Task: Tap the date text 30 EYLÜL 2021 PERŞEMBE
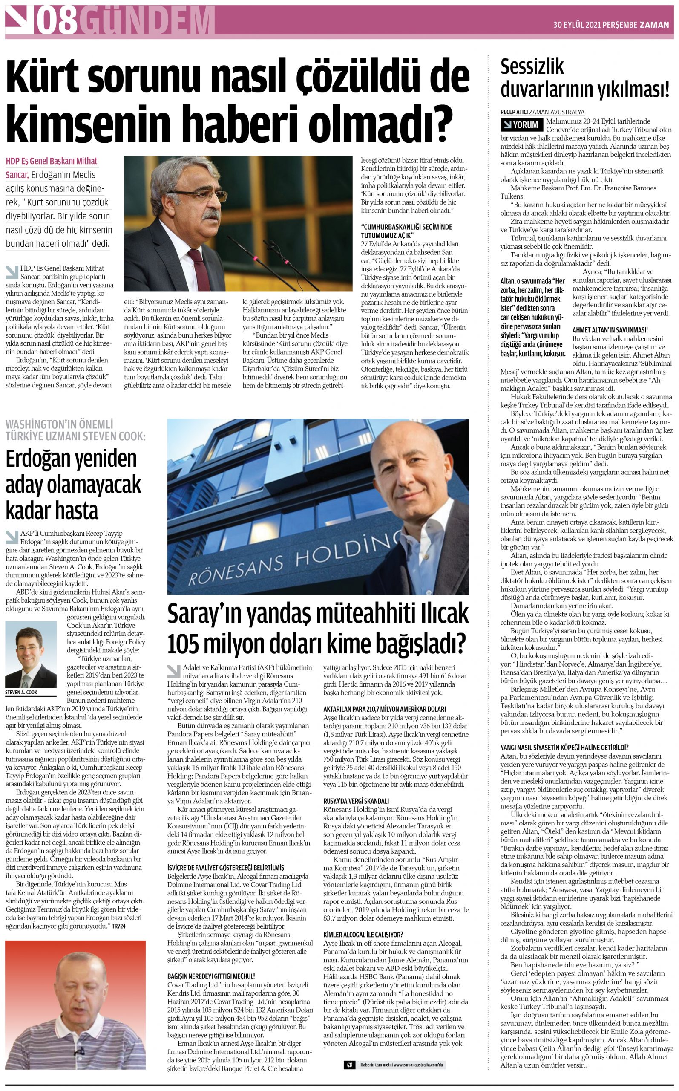[x=595, y=25]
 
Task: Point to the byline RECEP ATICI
[x=514, y=112]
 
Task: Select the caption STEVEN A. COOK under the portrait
[x=22, y=692]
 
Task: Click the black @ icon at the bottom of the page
[x=349, y=1065]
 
